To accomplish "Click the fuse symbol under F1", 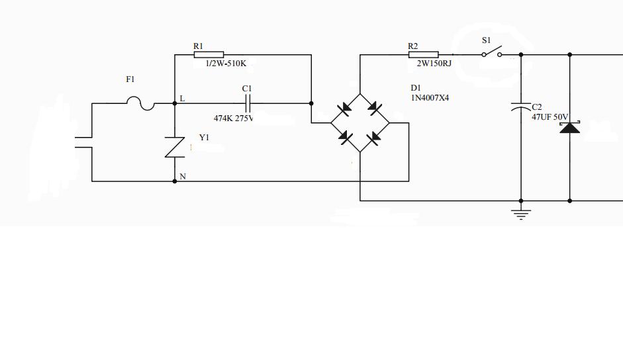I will click(140, 103).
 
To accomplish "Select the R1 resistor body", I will click(209, 55).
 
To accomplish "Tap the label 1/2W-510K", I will click(226, 64).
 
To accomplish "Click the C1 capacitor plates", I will click(248, 103).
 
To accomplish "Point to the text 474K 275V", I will click(233, 118).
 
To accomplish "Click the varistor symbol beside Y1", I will click(175, 146).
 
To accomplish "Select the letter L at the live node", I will click(183, 99).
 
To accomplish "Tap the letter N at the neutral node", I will click(183, 177).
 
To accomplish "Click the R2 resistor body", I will click(423, 55).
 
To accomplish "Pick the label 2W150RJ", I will click(434, 64).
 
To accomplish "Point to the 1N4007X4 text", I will click(430, 98).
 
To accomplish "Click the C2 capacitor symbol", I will click(521, 105).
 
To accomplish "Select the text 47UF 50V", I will click(550, 117).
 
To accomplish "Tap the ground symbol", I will click(522, 214).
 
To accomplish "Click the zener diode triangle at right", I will click(569, 127).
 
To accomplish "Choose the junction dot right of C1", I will click(311, 103).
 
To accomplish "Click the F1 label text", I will click(130, 79).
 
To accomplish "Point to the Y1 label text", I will click(204, 138).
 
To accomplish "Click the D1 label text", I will click(416, 88).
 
